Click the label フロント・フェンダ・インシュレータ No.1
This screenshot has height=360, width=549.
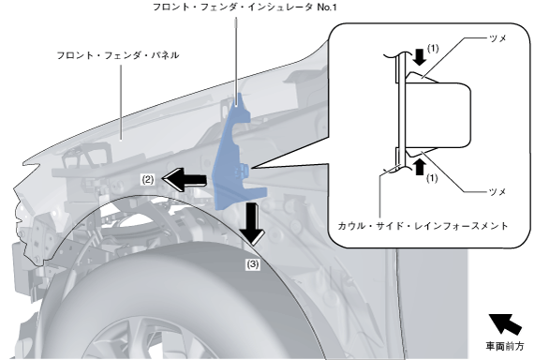245,7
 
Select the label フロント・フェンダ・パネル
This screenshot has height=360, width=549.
118,55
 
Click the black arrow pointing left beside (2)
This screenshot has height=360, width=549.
185,179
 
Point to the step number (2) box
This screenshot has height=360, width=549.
148,179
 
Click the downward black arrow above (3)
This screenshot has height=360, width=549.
252,223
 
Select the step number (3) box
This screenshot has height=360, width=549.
252,264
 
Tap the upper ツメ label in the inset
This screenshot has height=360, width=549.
497,37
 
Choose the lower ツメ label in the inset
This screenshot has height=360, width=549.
497,191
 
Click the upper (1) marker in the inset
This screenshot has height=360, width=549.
433,49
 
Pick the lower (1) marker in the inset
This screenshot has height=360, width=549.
432,178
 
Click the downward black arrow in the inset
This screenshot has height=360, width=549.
420,57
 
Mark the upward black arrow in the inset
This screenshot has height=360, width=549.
420,167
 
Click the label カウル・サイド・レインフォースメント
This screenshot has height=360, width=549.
423,226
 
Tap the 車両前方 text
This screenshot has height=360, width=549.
505,346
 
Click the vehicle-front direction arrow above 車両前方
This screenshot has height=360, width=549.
505,324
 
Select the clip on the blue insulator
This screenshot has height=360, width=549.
243,171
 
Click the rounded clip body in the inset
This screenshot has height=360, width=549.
438,115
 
